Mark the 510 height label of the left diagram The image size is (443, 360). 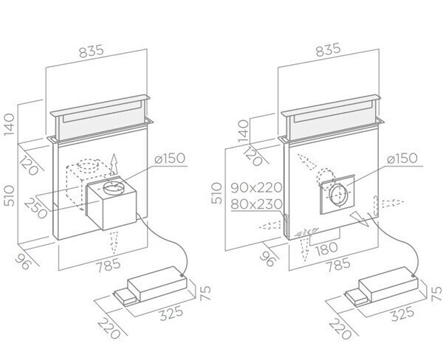click(x=8, y=195)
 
